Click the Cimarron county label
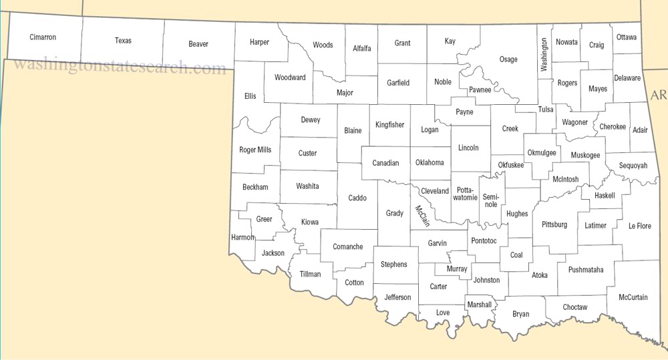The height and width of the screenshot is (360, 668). (43, 37)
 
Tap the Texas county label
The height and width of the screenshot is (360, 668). (123, 41)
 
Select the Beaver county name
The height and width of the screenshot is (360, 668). (198, 44)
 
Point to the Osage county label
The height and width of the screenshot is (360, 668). (508, 59)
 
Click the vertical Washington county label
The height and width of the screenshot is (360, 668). (544, 55)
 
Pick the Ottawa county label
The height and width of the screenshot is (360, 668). (627, 37)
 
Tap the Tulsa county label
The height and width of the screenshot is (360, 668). (546, 110)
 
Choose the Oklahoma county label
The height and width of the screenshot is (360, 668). (430, 162)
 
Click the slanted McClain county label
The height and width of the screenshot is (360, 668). (423, 215)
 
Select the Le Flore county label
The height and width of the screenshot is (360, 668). (640, 226)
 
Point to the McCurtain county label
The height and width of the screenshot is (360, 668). (633, 297)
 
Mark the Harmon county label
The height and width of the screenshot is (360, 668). (243, 237)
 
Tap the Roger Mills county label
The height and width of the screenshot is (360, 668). (255, 150)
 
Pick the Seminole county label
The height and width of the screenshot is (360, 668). (491, 200)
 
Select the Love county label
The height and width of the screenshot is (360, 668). (443, 313)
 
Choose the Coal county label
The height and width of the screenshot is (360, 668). (516, 255)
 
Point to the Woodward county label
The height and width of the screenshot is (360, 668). (290, 77)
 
